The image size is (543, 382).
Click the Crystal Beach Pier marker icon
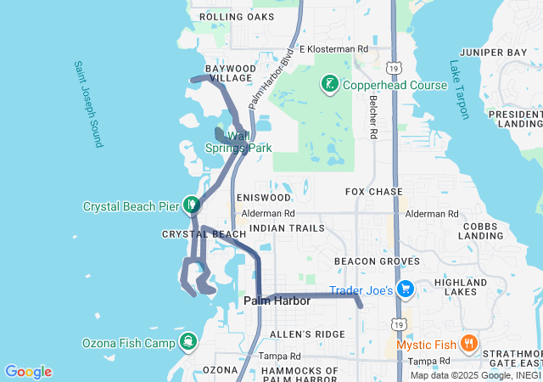[193, 205]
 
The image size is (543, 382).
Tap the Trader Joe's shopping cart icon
[406, 290]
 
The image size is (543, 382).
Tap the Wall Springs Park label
[238, 142]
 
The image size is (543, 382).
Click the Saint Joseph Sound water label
[87, 104]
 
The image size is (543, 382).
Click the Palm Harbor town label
[277, 301]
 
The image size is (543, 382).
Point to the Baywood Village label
[230, 72]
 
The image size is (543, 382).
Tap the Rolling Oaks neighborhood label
[237, 17]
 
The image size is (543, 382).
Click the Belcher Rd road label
[372, 115]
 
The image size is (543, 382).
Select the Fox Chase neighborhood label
[374, 192]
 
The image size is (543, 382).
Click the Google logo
[28, 372]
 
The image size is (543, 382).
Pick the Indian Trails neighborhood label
[287, 229]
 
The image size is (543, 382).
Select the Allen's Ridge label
[306, 334]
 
